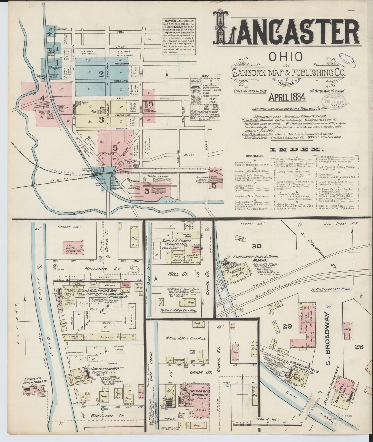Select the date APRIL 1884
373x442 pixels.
(287, 97)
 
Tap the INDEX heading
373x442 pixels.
(295, 149)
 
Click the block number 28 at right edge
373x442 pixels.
(359, 347)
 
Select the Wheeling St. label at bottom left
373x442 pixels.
(107, 416)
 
